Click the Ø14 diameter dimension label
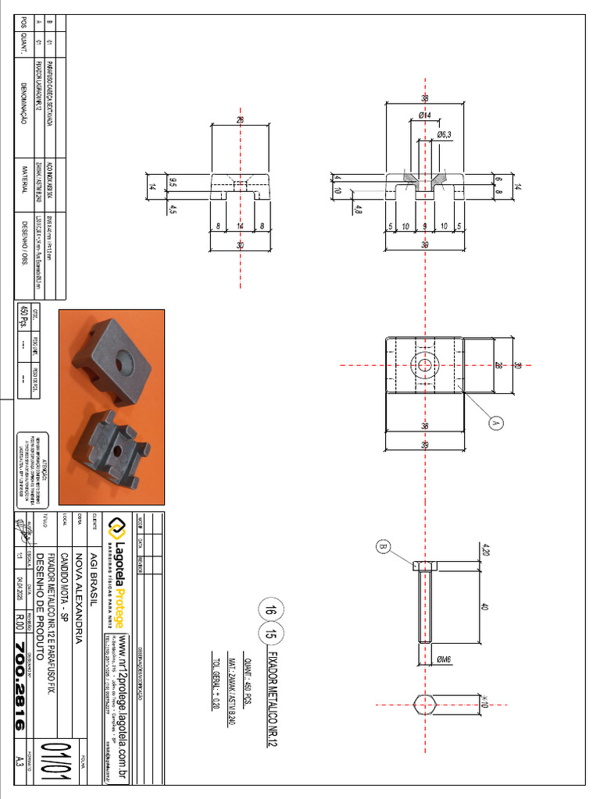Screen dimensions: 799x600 point(424,115)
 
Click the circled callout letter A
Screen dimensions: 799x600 point(495,423)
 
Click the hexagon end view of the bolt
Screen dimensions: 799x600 point(424,703)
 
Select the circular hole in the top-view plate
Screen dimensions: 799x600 point(424,364)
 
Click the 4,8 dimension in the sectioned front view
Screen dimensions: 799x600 point(358,209)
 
